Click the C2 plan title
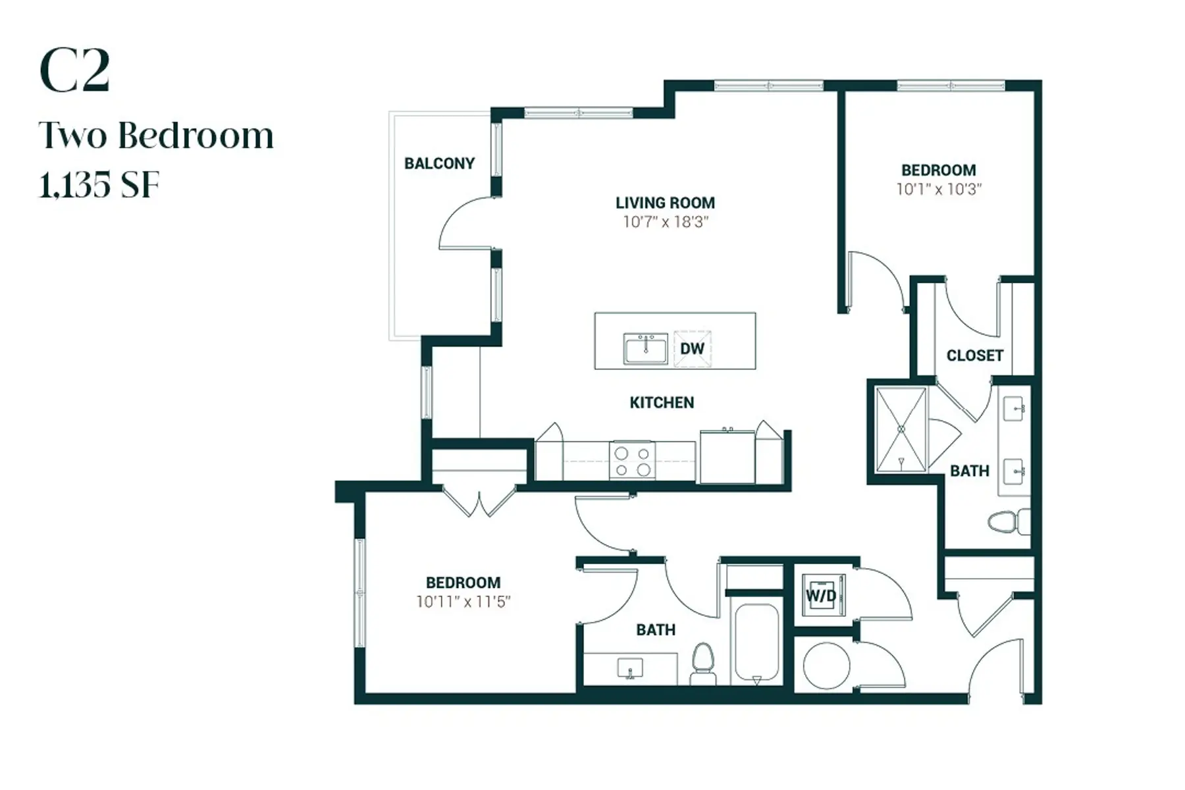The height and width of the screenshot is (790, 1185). click(x=74, y=71)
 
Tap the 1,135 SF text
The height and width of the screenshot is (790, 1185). click(x=99, y=185)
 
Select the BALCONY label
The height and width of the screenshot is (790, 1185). click(x=439, y=163)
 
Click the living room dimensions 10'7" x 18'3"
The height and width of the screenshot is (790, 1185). click(x=665, y=222)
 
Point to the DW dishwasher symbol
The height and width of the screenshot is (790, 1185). click(x=692, y=348)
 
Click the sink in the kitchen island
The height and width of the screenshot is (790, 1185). click(x=645, y=348)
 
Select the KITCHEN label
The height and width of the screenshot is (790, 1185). click(x=662, y=402)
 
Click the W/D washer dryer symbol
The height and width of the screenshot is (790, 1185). click(x=822, y=596)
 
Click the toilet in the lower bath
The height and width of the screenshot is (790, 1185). click(x=703, y=664)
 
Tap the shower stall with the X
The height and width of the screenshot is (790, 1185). click(x=901, y=429)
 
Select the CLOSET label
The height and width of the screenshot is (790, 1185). click(x=974, y=355)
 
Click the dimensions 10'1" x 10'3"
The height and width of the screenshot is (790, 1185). click(x=938, y=190)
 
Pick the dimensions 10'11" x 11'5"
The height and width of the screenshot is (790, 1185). click(x=463, y=602)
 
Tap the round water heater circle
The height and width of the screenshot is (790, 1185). click(x=826, y=666)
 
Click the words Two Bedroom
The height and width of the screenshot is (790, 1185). click(x=156, y=136)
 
